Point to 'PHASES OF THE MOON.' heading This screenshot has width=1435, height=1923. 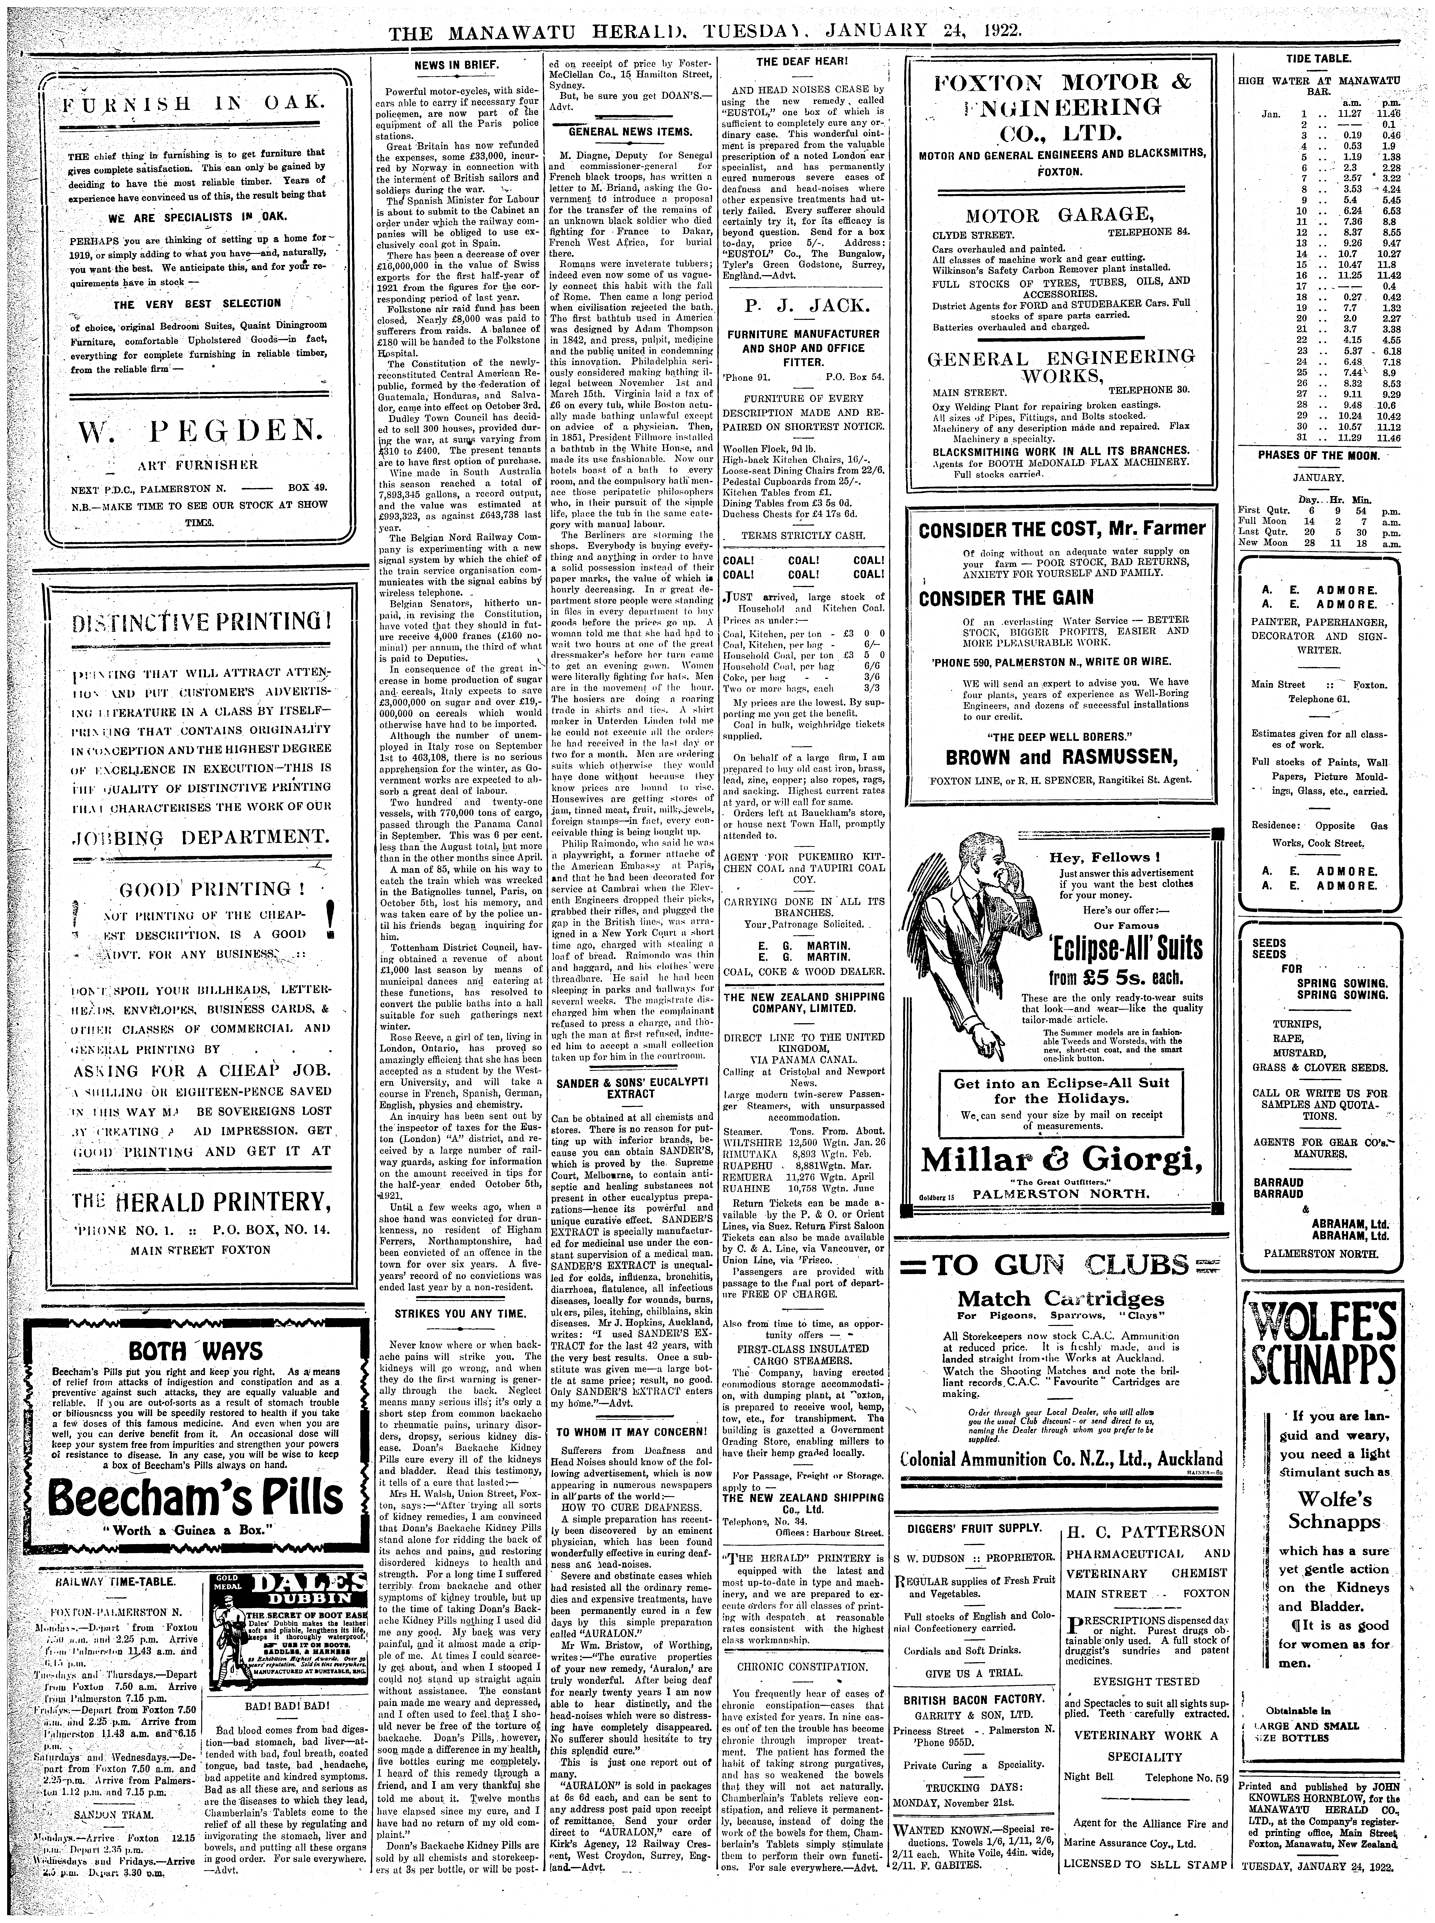click(1318, 455)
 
